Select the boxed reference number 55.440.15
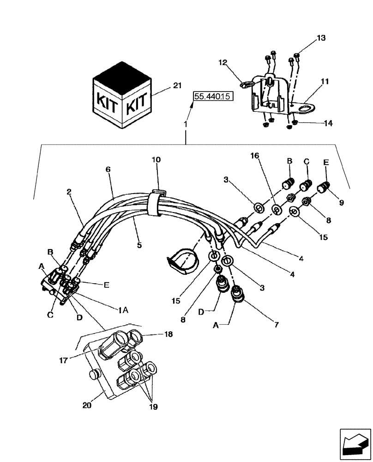[x=213, y=97]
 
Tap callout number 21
[x=164, y=85]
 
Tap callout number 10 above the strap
[x=156, y=159]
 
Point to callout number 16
[x=255, y=157]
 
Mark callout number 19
[x=153, y=407]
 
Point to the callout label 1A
[x=122, y=311]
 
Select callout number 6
[x=108, y=170]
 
